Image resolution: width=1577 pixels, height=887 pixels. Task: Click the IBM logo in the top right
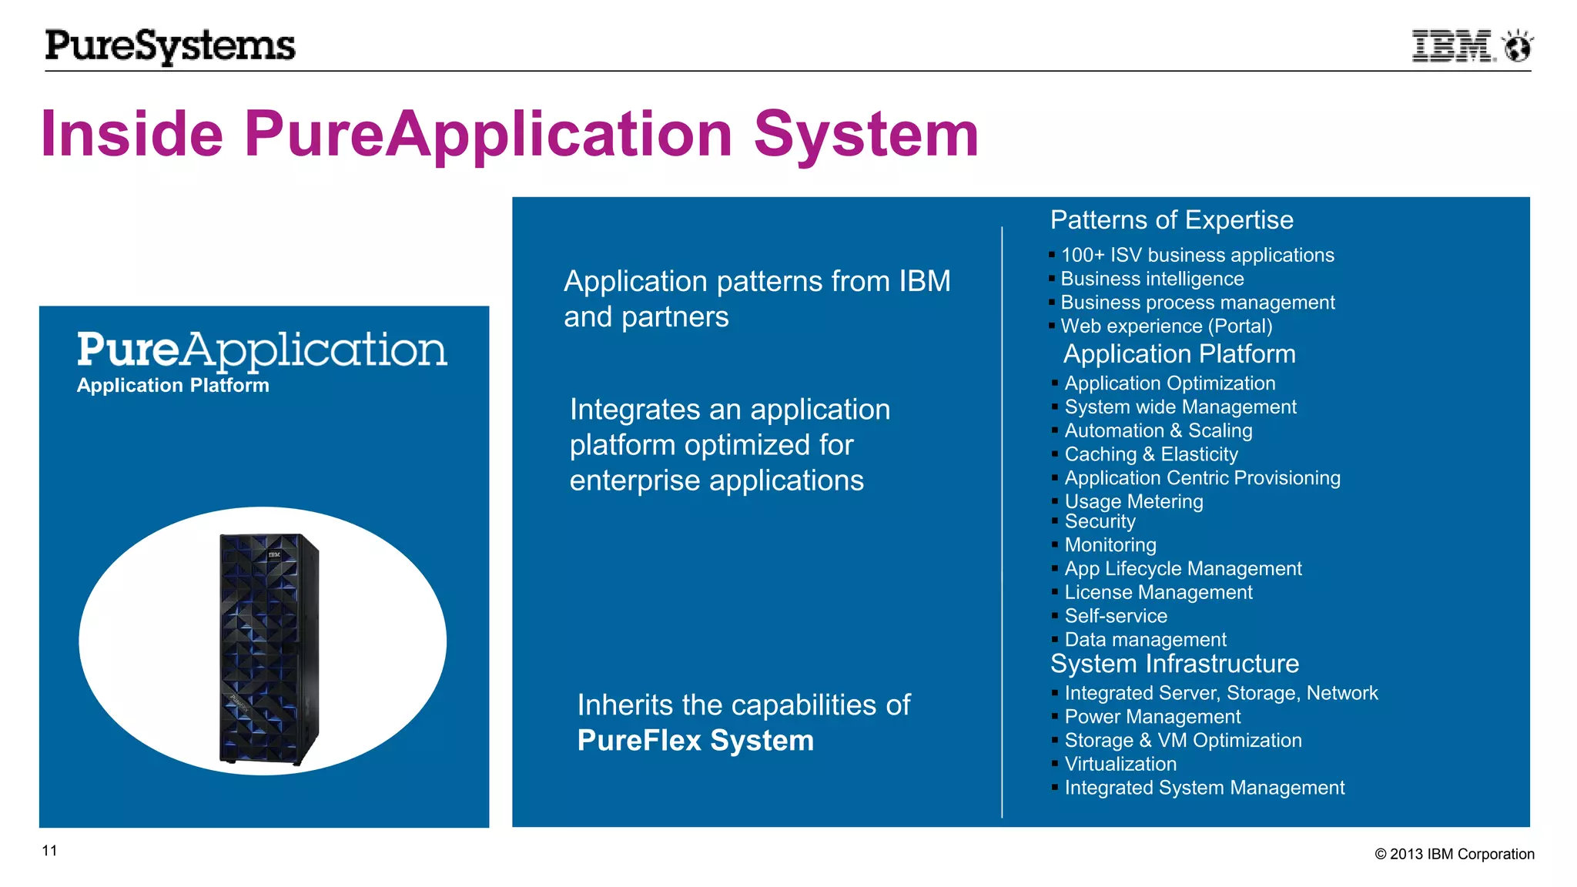1452,46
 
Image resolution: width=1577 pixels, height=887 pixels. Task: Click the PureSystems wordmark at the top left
170,46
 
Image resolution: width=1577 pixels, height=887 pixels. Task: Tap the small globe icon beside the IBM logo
1518,47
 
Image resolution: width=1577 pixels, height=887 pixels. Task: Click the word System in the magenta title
866,134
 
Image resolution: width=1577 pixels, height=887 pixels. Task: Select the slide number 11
49,851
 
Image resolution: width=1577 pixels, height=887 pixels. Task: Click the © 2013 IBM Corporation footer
1454,854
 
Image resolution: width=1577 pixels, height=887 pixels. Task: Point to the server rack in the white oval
267,648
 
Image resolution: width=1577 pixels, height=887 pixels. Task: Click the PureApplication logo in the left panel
262,350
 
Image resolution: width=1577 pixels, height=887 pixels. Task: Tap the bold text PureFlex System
695,741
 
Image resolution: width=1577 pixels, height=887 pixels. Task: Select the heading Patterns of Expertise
1171,220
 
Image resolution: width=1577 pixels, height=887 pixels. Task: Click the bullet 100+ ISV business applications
1197,255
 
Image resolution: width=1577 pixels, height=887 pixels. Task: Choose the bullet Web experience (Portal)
1166,326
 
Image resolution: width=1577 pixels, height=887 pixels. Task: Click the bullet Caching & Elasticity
1150,454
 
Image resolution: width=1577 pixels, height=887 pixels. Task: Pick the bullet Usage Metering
1133,501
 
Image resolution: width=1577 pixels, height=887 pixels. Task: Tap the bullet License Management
1158,592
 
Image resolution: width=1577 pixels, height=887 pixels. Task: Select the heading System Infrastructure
1174,664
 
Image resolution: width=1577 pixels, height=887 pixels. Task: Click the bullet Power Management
1152,717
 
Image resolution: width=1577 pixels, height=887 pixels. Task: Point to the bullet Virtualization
1120,764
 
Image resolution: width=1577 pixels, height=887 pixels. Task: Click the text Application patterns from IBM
757,282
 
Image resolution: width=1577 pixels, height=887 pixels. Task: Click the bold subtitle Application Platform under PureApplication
173,386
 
